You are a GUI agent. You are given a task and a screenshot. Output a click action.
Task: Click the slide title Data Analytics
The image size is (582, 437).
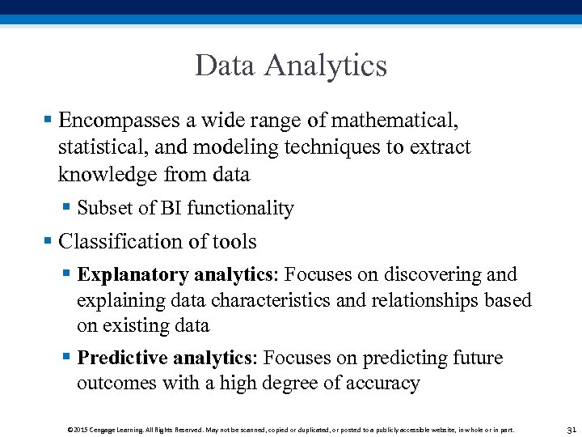[x=291, y=66]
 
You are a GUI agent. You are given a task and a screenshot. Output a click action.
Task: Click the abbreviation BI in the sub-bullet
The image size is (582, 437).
[x=171, y=208]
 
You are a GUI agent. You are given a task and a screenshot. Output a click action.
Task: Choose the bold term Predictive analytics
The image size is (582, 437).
[x=166, y=358]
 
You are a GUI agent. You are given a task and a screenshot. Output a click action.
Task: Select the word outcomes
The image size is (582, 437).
[x=116, y=384]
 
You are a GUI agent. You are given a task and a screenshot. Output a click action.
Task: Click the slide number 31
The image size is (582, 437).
[x=571, y=429]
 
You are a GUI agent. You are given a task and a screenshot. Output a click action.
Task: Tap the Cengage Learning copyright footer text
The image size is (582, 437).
[x=290, y=430]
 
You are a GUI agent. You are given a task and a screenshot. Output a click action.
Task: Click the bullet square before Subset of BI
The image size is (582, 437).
[x=66, y=208]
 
